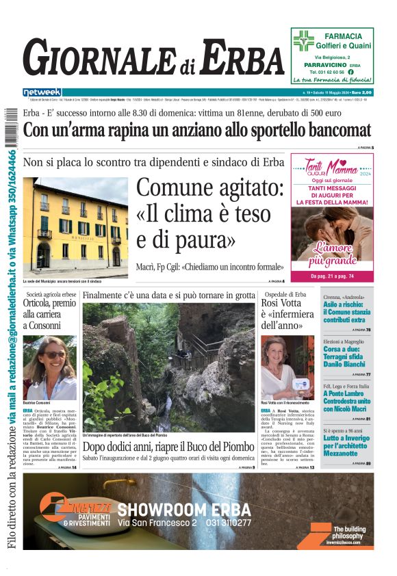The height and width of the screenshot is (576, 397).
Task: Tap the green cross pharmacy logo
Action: [x=303, y=41]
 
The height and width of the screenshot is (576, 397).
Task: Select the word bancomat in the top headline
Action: [x=331, y=130]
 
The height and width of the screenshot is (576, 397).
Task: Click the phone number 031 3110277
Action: [x=227, y=523]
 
